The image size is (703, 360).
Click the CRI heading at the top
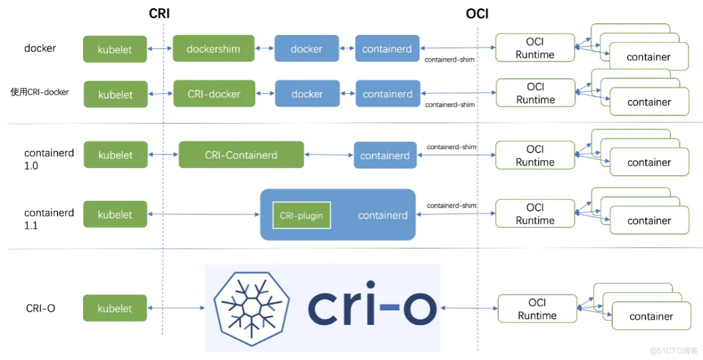[x=159, y=14]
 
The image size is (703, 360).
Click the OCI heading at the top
[x=477, y=14]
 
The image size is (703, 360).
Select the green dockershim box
[x=213, y=49]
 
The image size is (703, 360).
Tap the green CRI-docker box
[x=214, y=94]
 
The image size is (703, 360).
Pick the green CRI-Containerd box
[x=241, y=155]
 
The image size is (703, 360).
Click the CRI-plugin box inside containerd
[x=302, y=215]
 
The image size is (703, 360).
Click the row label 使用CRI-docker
[x=40, y=92]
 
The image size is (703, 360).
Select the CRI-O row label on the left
[x=40, y=308]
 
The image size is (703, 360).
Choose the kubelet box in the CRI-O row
[x=115, y=308]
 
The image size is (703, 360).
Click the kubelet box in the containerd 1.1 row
[x=115, y=214]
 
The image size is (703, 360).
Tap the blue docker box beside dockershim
[x=306, y=49]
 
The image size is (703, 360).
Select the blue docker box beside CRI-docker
[x=307, y=94]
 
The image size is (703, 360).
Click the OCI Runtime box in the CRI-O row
[x=537, y=309]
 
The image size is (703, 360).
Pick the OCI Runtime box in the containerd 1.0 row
[x=535, y=156]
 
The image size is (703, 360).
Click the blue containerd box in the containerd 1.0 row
[x=385, y=156]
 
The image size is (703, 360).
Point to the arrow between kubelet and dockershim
[x=160, y=49]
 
